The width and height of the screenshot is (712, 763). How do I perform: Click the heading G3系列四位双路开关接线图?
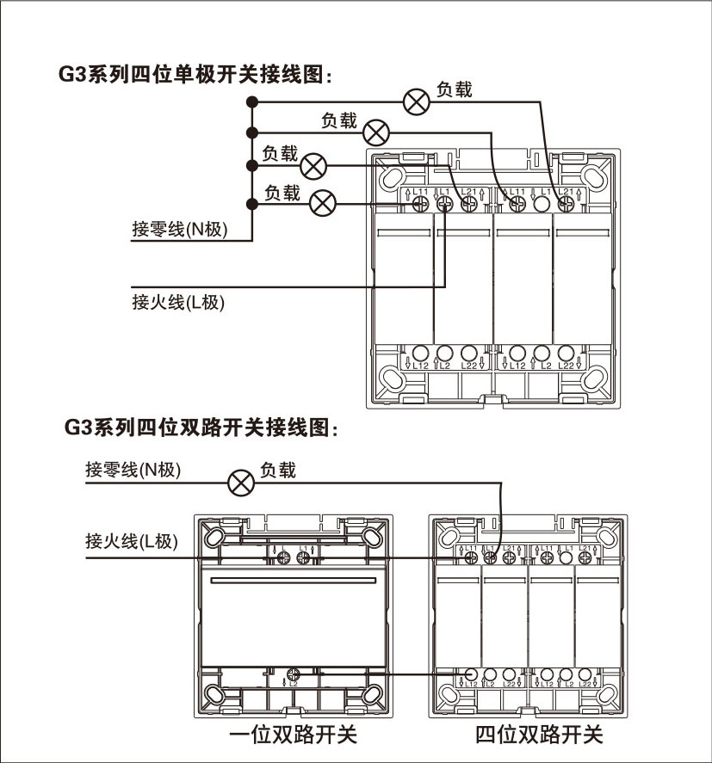point(201,426)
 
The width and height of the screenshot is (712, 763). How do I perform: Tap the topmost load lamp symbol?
point(417,102)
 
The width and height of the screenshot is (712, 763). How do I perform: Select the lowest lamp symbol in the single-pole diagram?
point(323,204)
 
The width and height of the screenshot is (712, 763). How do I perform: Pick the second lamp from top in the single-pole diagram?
point(376,132)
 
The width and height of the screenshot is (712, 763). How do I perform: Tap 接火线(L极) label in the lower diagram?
point(132,541)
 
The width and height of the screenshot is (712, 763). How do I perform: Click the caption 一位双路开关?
point(293,735)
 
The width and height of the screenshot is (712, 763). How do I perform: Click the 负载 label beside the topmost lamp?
point(454,89)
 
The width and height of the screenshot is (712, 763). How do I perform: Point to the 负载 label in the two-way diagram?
point(277,470)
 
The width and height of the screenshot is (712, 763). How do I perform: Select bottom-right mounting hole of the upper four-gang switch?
point(593,378)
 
